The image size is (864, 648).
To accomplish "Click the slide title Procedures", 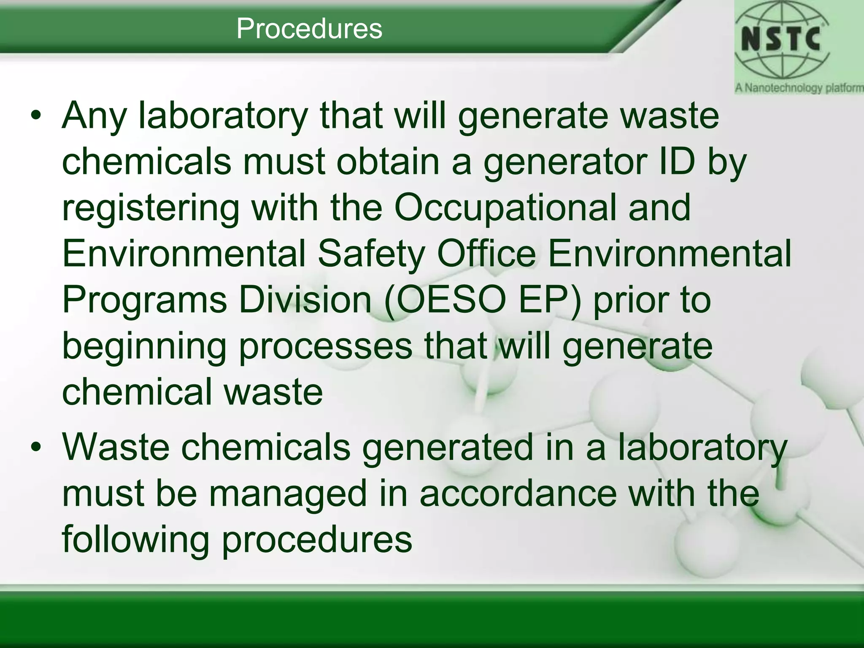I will click(309, 29).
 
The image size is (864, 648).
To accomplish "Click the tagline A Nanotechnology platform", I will click(799, 88).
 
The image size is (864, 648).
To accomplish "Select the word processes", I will click(325, 347).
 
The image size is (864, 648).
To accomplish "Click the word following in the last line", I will click(135, 540).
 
